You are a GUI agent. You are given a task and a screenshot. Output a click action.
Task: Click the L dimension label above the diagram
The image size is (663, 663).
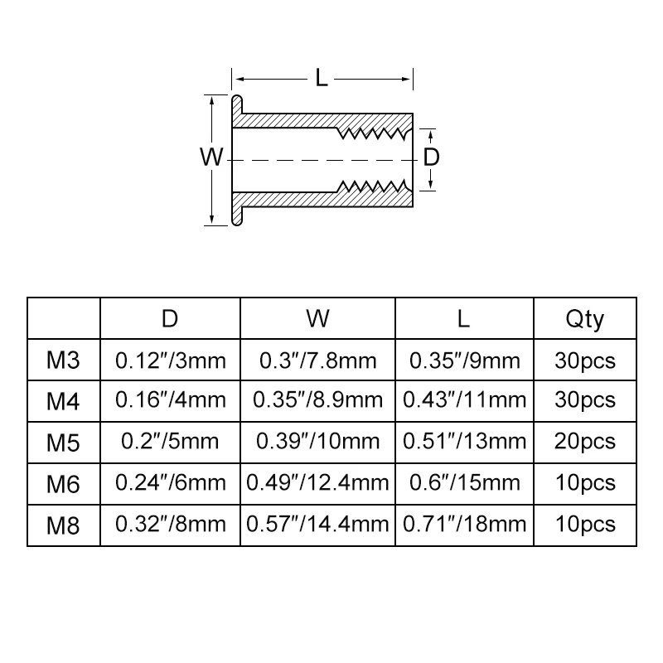pos(322,78)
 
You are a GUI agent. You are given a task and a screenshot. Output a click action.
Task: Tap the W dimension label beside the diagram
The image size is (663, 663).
pos(211,157)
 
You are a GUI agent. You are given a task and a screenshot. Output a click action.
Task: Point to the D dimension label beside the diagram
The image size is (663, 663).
pos(431,157)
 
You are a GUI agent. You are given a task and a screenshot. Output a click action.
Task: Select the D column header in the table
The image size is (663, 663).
pos(170,318)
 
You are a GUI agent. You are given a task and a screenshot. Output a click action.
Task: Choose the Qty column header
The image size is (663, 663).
pos(585,320)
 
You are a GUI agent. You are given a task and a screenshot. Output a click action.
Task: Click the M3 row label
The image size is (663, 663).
pos(63,361)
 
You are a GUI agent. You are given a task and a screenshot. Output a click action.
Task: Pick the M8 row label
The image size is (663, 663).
pos(63,525)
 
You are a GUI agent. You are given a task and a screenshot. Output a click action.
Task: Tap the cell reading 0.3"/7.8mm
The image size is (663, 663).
pos(318,361)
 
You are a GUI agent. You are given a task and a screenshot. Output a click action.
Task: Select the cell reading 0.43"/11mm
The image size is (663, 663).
pos(464,399)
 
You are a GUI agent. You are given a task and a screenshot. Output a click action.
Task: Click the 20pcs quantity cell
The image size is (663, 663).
pos(585,442)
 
